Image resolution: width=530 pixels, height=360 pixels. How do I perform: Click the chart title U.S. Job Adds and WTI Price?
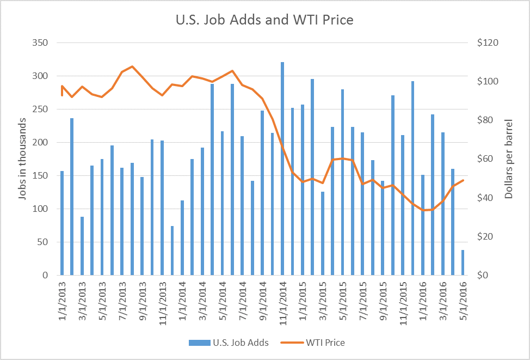click(x=264, y=21)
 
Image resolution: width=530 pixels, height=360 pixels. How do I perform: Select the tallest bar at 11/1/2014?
click(x=282, y=169)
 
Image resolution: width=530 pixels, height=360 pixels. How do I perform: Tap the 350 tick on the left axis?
click(x=41, y=43)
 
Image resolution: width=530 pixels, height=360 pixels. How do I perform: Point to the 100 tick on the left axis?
click(x=41, y=209)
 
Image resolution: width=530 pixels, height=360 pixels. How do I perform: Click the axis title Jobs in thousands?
click(x=22, y=163)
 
